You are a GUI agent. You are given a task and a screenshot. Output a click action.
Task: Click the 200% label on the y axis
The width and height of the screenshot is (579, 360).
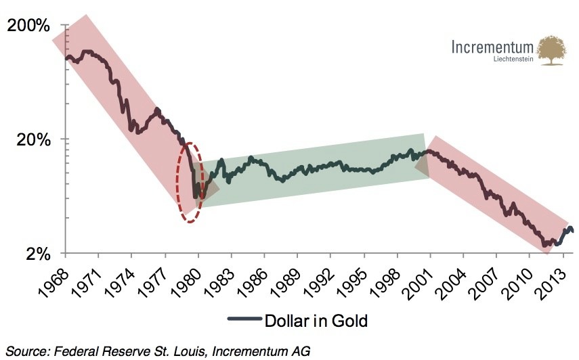point(28,26)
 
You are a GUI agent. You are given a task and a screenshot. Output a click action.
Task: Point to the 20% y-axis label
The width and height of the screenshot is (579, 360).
point(32,140)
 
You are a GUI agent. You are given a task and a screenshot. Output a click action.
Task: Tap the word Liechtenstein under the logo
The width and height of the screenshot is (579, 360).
point(515,60)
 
